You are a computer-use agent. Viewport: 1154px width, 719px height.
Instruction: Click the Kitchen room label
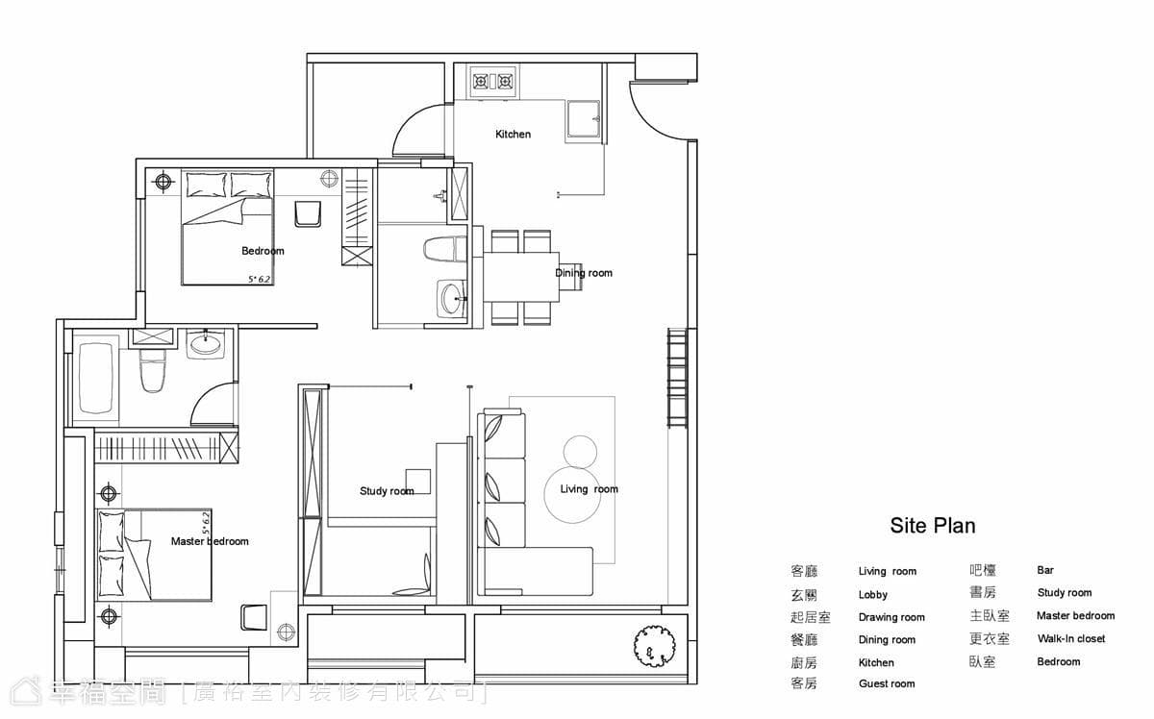coord(513,135)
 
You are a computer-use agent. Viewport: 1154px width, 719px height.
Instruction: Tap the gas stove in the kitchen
coord(493,82)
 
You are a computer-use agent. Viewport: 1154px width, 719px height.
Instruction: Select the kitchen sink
coord(584,121)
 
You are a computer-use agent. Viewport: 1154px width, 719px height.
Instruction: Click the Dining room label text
coord(584,273)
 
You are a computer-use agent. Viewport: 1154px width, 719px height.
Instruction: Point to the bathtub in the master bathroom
coord(96,379)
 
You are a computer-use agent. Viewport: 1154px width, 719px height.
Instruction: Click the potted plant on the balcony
coord(654,645)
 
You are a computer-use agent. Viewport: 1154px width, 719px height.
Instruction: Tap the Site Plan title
coord(933,526)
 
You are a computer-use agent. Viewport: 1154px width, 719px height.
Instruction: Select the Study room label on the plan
coord(387,491)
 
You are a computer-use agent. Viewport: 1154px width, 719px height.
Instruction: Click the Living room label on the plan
coord(589,489)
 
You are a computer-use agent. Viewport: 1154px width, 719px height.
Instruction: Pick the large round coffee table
coord(572,494)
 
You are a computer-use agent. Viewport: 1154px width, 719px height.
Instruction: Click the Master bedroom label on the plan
coord(210,541)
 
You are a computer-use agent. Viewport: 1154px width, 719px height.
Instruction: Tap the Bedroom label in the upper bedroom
coord(263,251)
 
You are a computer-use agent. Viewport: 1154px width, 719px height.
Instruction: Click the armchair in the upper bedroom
coord(308,213)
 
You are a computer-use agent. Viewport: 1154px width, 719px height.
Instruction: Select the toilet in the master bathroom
coord(153,370)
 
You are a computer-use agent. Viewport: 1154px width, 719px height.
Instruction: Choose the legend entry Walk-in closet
coord(1071,638)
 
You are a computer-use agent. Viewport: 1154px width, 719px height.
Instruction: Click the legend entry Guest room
coord(887,683)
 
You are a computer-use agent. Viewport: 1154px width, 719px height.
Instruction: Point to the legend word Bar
coord(1045,570)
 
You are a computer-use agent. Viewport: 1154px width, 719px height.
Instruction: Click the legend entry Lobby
coord(873,595)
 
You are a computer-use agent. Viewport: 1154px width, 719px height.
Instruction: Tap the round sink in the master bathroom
coord(206,344)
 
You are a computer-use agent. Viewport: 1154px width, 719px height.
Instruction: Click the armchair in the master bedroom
coord(254,617)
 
